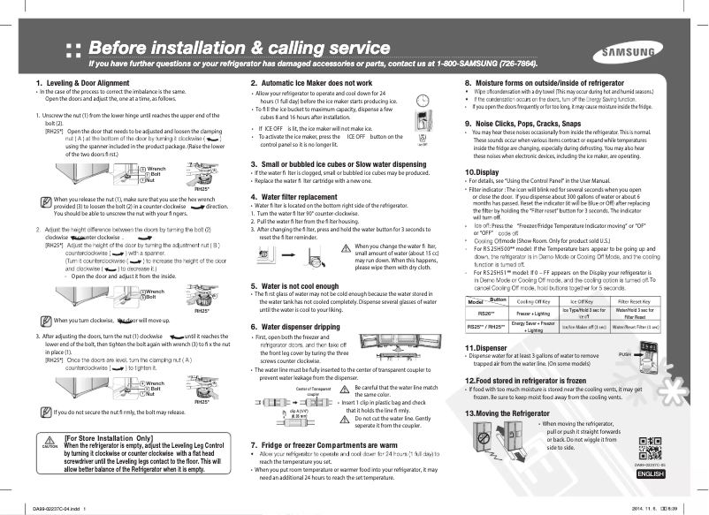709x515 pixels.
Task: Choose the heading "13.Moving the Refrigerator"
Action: coord(514,413)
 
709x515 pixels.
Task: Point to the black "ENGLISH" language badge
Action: coord(650,474)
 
